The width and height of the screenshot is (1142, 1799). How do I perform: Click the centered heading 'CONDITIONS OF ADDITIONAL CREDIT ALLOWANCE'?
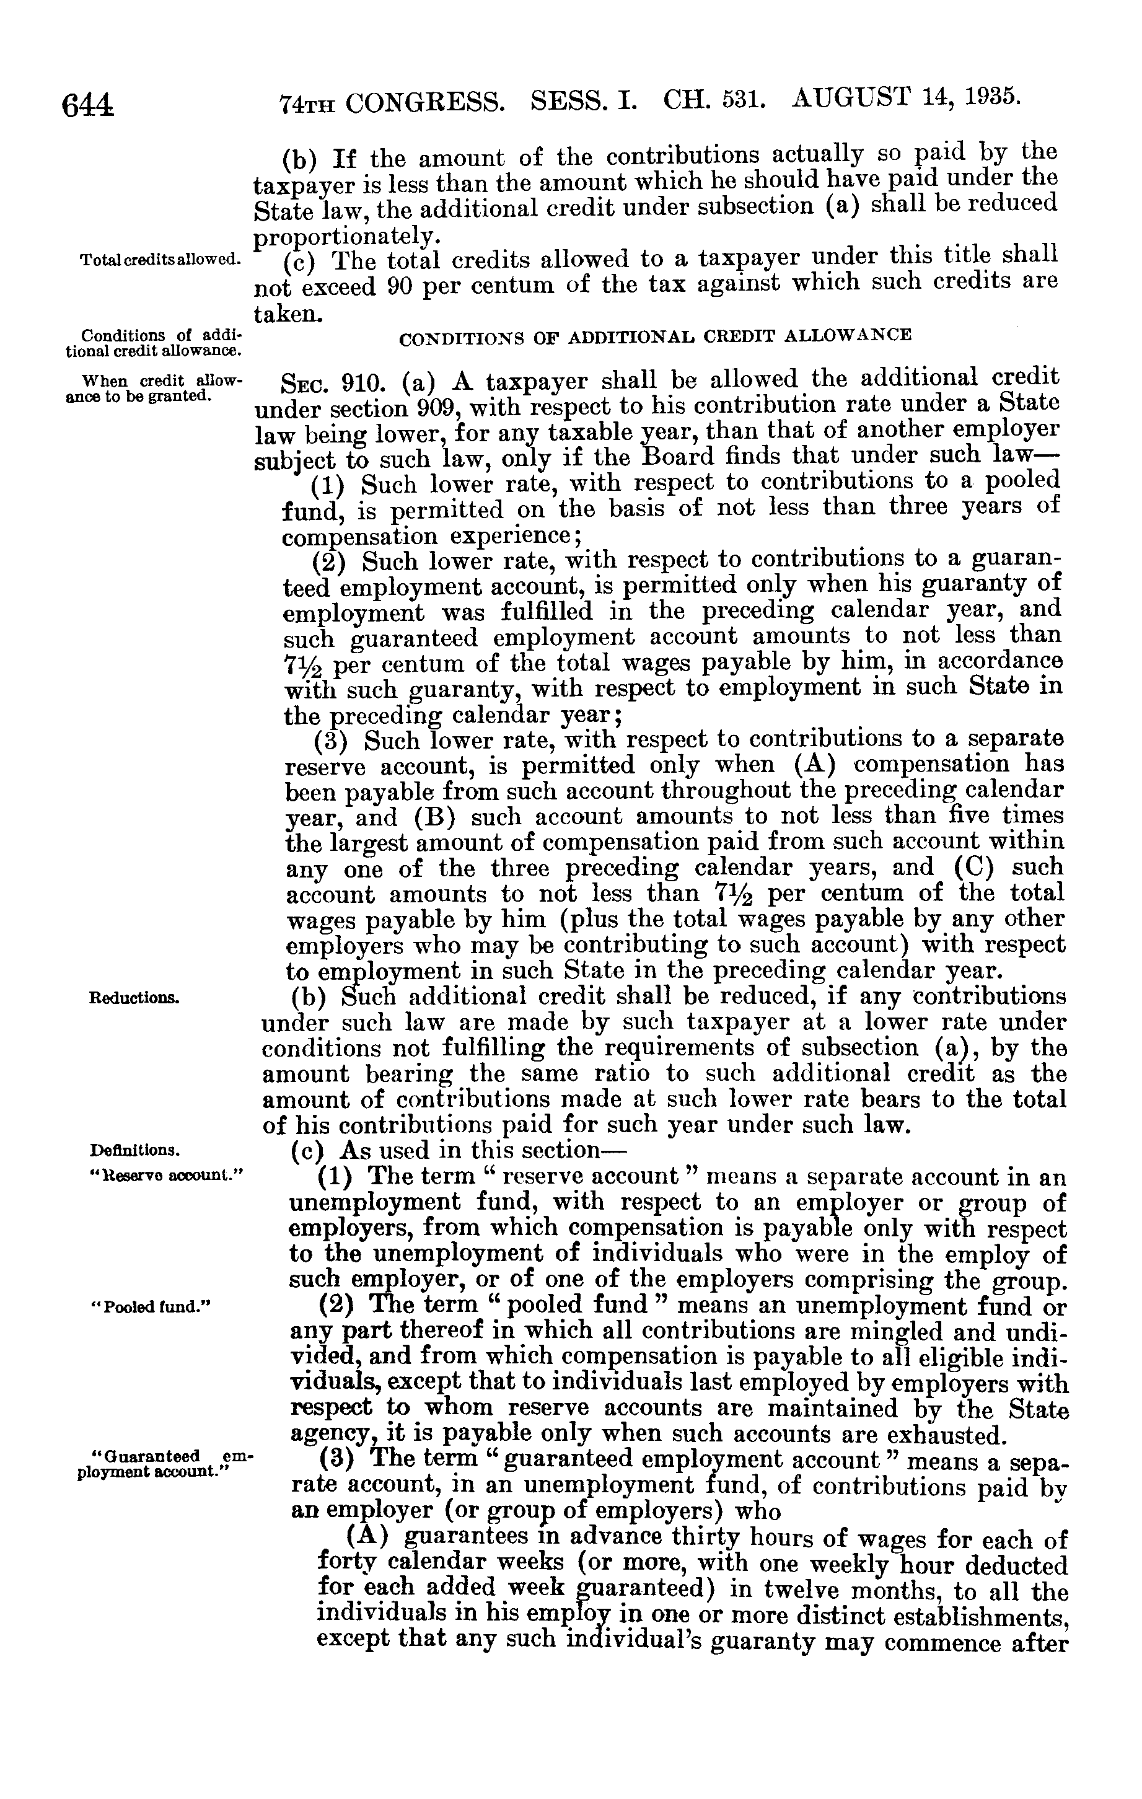655,336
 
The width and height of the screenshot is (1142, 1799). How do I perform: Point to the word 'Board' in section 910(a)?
677,455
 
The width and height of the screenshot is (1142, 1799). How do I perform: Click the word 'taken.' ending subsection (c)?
288,315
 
